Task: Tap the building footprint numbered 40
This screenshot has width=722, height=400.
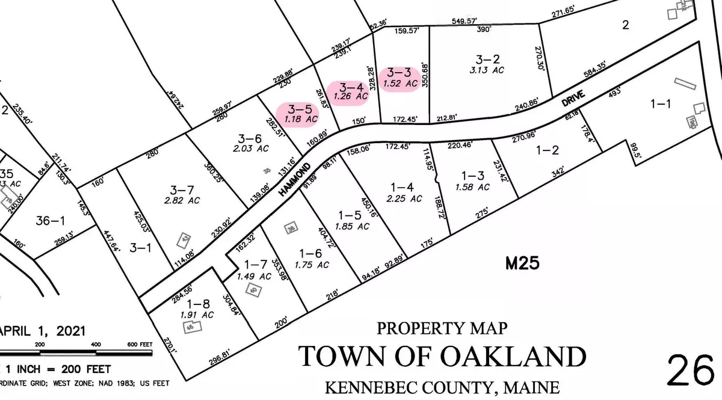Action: (x=253, y=290)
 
